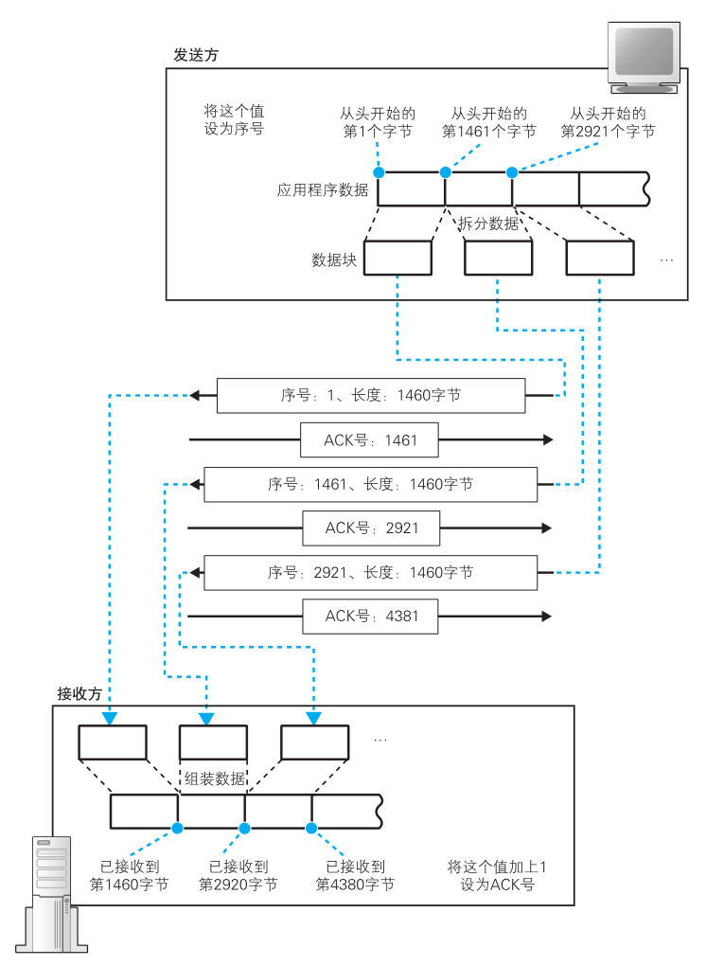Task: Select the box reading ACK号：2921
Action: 371,528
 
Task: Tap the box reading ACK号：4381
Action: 371,616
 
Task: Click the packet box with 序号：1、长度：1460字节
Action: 371,396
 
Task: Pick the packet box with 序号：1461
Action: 371,484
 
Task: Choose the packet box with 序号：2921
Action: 371,572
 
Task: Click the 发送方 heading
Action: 196,55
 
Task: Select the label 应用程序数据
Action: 323,189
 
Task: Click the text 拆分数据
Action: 489,224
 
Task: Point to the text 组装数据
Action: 215,779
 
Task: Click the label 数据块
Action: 334,259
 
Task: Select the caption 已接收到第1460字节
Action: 130,875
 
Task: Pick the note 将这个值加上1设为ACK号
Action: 498,875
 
